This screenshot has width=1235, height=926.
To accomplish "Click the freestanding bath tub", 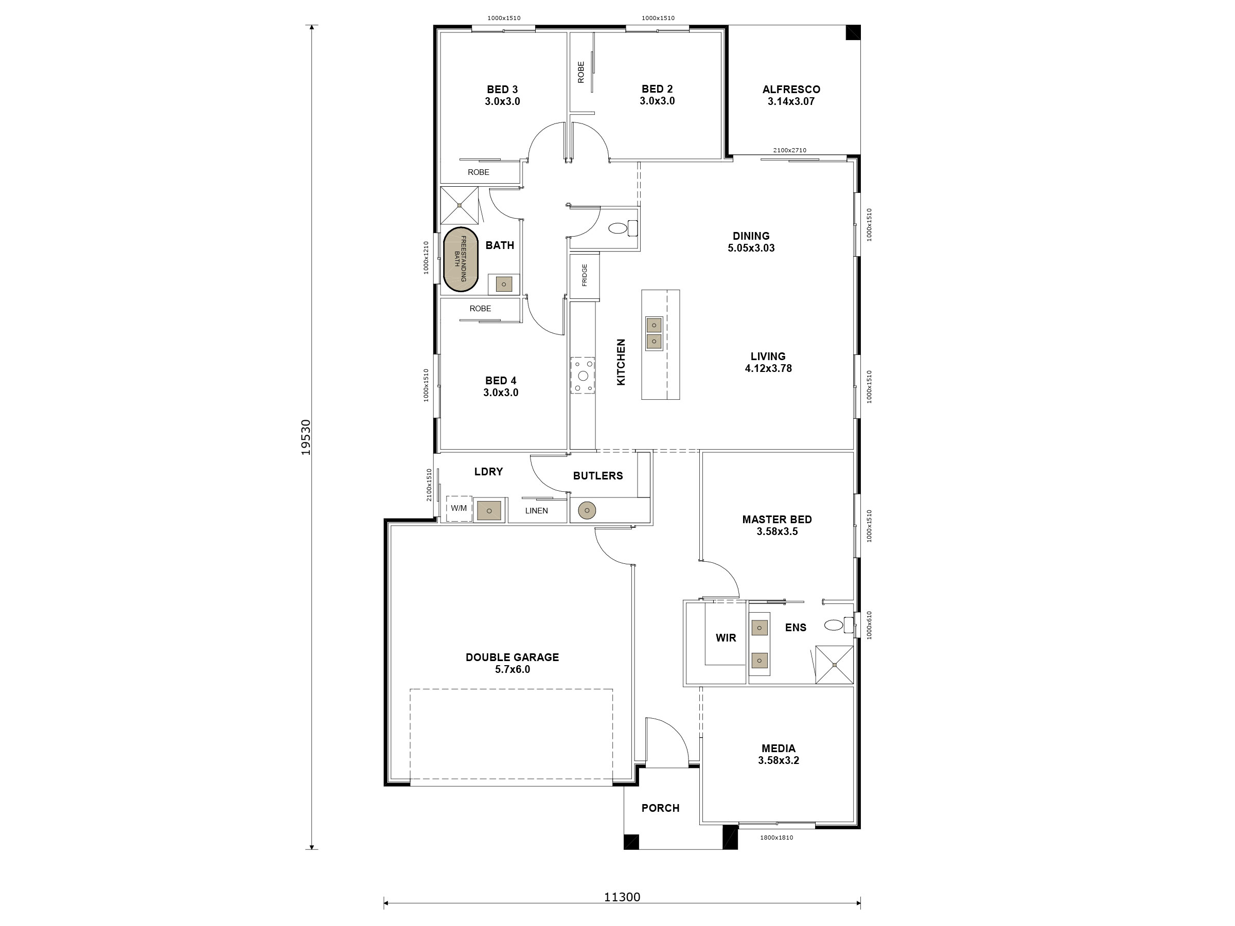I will click(x=461, y=260).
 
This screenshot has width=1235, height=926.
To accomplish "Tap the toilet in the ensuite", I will click(x=834, y=625).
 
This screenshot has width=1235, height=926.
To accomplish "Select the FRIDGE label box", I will click(x=585, y=276).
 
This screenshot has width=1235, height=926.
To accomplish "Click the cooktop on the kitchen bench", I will click(x=583, y=375).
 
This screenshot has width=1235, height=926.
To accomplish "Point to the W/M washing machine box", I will click(x=459, y=508).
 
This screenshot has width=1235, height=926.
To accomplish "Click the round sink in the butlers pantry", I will click(x=587, y=510).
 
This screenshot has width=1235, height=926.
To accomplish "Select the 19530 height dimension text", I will click(x=306, y=437).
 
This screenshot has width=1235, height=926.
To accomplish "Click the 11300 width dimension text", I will click(x=622, y=897).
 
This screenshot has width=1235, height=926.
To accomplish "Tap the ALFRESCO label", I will click(x=791, y=90).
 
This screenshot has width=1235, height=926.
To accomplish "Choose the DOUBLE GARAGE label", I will click(x=512, y=657).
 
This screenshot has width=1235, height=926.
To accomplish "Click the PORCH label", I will click(x=661, y=808).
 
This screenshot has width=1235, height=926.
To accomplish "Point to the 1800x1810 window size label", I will click(x=776, y=837).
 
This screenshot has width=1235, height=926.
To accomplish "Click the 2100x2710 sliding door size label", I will click(x=789, y=150).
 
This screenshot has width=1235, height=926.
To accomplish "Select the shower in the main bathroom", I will click(x=460, y=205).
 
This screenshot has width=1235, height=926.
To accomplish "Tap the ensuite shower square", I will click(x=834, y=665).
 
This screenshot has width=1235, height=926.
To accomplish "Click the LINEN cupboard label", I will click(x=537, y=511).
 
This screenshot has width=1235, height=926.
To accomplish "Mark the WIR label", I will click(x=726, y=637).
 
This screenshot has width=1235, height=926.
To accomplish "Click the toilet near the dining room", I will click(x=617, y=228).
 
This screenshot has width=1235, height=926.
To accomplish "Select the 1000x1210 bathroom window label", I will click(x=426, y=258).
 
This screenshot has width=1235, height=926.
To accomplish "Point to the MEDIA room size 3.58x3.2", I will click(x=778, y=760).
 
